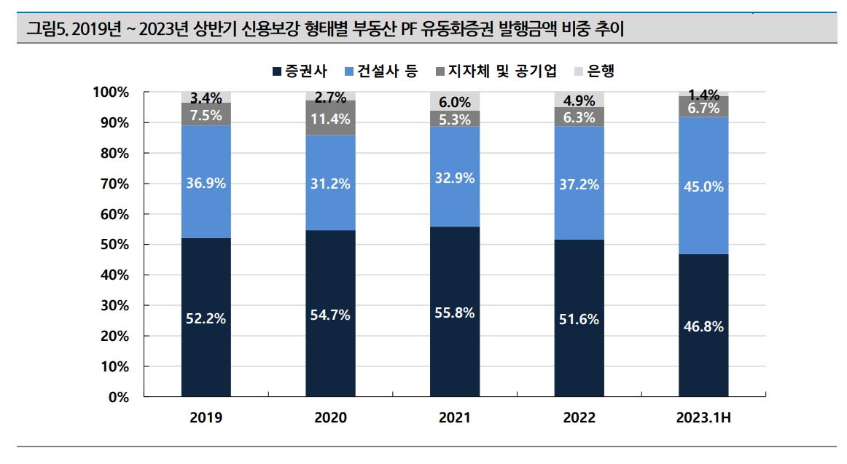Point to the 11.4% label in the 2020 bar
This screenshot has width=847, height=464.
tap(331, 119)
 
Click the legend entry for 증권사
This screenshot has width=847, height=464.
tap(300, 71)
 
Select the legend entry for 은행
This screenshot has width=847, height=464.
tap(594, 71)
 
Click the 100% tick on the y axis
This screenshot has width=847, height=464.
tap(111, 93)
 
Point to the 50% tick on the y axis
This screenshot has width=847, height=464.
tap(114, 245)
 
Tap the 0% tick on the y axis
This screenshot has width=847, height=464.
tap(118, 398)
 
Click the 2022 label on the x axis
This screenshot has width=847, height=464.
tap(579, 418)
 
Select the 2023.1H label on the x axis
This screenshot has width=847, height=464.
tap(703, 418)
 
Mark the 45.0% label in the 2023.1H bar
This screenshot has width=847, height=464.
tap(703, 186)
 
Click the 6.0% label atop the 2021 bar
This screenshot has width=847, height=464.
tap(455, 103)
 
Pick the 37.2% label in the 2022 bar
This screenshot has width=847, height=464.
tap(579, 185)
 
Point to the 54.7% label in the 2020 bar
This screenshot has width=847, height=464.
tap(331, 315)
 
